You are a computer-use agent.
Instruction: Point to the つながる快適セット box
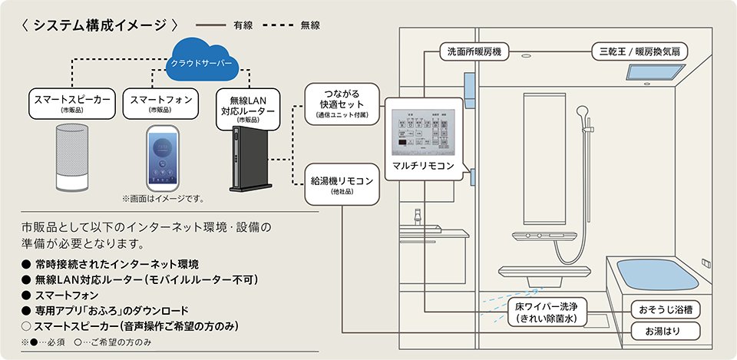tap(341, 103)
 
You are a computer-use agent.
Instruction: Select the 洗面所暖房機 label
tap(474, 52)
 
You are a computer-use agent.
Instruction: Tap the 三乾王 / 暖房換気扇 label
tap(638, 52)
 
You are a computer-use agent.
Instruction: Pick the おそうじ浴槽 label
tap(664, 310)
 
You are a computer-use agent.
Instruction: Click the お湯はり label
tap(664, 332)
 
